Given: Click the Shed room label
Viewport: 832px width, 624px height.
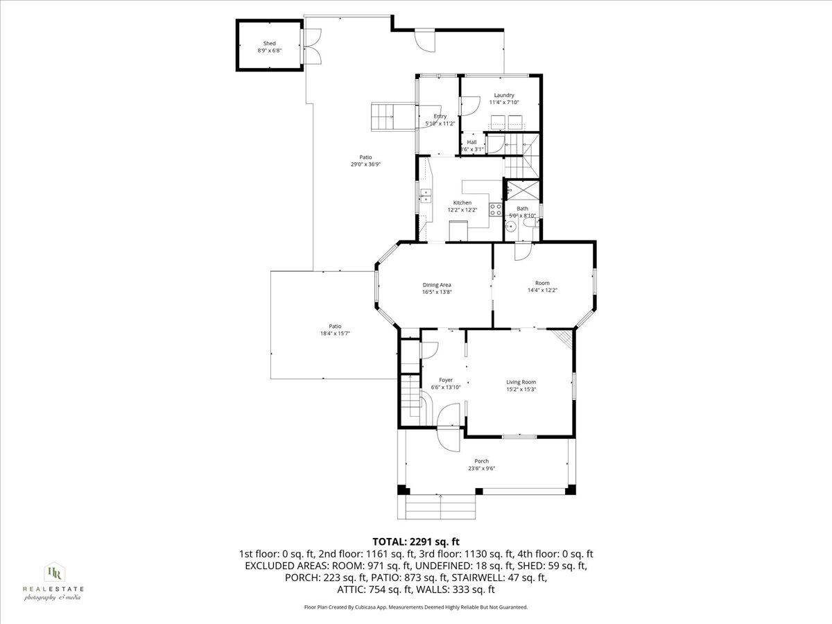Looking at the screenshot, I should (269, 44).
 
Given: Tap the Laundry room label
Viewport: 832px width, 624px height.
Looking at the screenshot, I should (504, 95).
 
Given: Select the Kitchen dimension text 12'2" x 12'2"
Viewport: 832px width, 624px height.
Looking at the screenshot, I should (462, 209).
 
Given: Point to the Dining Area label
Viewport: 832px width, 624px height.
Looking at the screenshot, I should (437, 284).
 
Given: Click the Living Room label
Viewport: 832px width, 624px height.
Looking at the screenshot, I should (521, 382).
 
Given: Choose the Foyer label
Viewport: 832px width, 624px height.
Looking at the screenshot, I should (446, 380).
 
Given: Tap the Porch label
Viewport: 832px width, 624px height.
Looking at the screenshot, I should (481, 461).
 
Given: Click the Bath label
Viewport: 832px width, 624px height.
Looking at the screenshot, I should (522, 209).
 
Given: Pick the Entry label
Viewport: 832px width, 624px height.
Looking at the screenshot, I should (440, 116).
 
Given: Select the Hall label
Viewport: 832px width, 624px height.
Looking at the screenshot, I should (471, 142).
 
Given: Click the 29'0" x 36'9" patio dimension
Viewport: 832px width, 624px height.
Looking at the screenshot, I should (366, 164).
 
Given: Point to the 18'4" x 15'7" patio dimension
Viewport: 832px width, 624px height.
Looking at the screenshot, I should (335, 333).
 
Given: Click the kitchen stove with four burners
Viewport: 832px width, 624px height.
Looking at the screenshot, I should (496, 209).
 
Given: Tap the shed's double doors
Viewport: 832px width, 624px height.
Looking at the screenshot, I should (313, 46).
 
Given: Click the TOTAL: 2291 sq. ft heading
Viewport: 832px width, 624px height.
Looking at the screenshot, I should (416, 541).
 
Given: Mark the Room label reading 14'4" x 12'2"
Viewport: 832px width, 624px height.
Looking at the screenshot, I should (542, 290).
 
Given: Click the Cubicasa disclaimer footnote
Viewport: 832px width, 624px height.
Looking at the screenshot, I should (416, 607).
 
